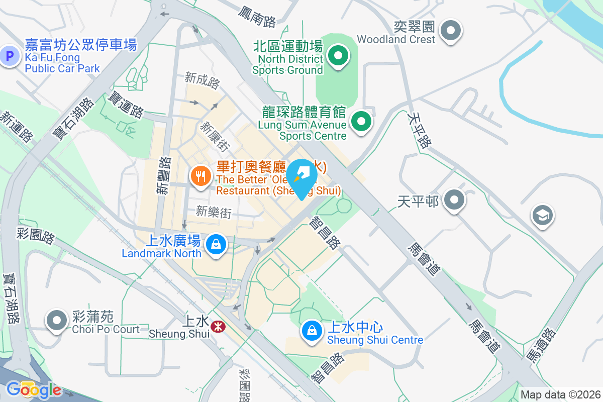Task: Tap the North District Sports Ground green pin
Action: tap(338, 56)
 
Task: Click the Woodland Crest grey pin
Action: tap(450, 31)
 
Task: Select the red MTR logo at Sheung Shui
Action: tap(218, 327)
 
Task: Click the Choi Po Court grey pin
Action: tap(57, 320)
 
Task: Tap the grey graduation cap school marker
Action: tap(542, 216)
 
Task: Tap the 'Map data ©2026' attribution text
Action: tap(560, 394)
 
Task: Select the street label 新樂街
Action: tap(214, 212)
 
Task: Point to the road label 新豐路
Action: tap(164, 175)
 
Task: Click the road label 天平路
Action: tap(420, 130)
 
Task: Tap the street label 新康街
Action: tap(215, 136)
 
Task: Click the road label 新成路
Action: tap(202, 80)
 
